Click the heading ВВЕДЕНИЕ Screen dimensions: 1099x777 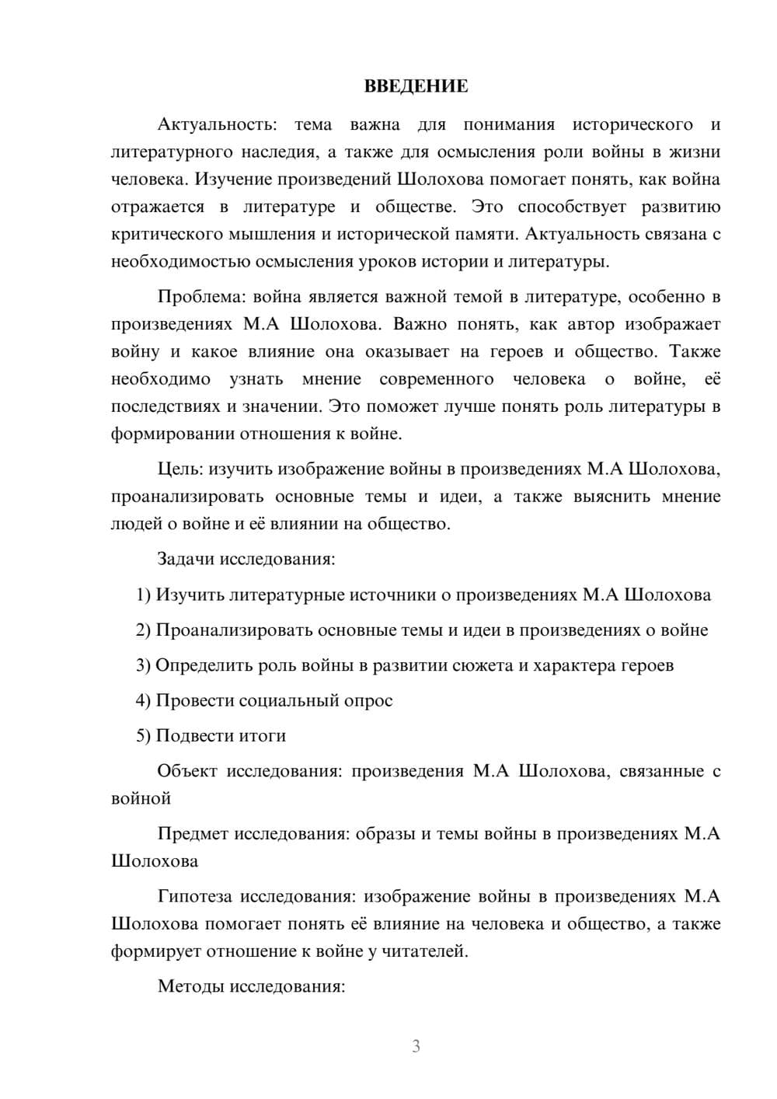click(416, 86)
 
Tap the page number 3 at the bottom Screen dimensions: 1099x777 click(416, 1046)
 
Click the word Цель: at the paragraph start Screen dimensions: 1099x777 click(180, 469)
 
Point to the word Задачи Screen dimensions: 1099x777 click(186, 559)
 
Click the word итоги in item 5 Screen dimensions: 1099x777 click(263, 736)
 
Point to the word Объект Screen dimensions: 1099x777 click(187, 772)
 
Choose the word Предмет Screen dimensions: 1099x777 click(193, 834)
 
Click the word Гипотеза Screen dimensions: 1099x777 click(194, 897)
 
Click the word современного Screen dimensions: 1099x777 click(437, 379)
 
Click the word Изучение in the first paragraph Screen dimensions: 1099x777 click(233, 180)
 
